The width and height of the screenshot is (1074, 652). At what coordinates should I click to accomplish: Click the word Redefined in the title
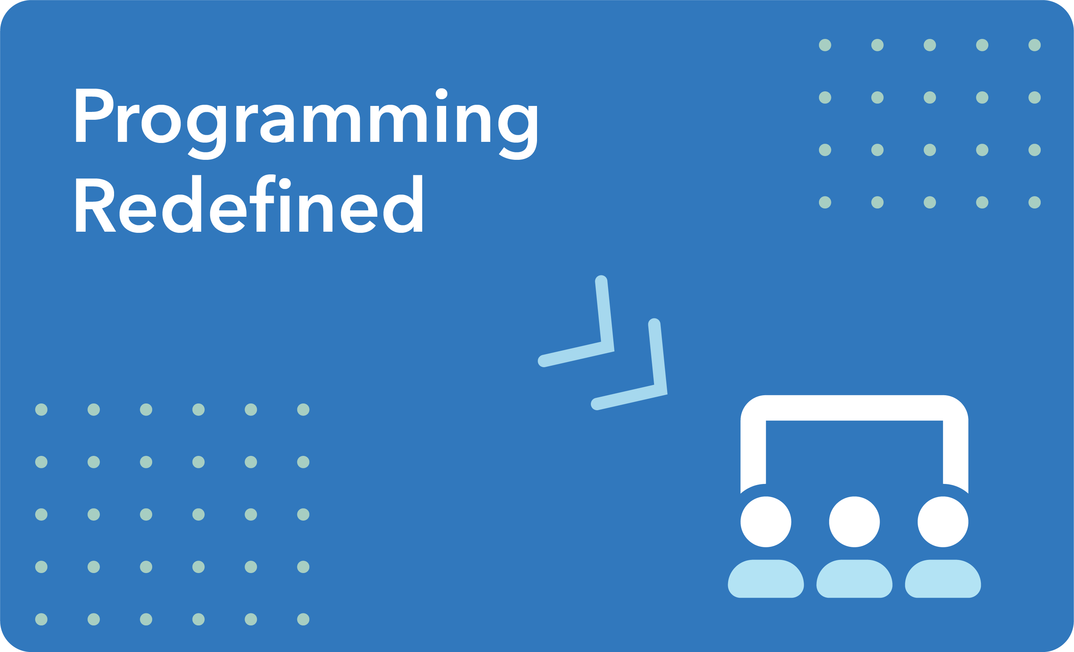[x=249, y=204]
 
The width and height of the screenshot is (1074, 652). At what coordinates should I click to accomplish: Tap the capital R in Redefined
[x=94, y=205]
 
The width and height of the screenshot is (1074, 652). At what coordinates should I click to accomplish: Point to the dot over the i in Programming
[x=442, y=94]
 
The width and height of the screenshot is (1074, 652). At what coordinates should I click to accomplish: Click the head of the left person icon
[x=766, y=522]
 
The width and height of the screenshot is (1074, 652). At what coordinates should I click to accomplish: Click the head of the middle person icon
[x=854, y=522]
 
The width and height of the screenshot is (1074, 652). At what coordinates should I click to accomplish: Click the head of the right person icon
[x=943, y=522]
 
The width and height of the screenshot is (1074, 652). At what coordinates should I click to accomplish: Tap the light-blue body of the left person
[x=766, y=579]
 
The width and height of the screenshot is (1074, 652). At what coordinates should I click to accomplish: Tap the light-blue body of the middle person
[x=854, y=579]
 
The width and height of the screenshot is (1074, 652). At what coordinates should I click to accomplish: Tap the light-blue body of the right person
[x=943, y=579]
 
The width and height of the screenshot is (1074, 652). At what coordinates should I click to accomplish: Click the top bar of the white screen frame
[x=854, y=408]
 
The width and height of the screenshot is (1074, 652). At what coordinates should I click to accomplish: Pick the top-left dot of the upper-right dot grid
[x=825, y=45]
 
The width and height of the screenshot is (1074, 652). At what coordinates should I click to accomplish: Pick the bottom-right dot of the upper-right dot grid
[x=1034, y=202]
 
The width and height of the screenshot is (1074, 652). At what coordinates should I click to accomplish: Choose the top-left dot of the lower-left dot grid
[x=42, y=409]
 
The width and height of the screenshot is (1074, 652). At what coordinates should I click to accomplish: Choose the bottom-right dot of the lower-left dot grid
[x=303, y=619]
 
